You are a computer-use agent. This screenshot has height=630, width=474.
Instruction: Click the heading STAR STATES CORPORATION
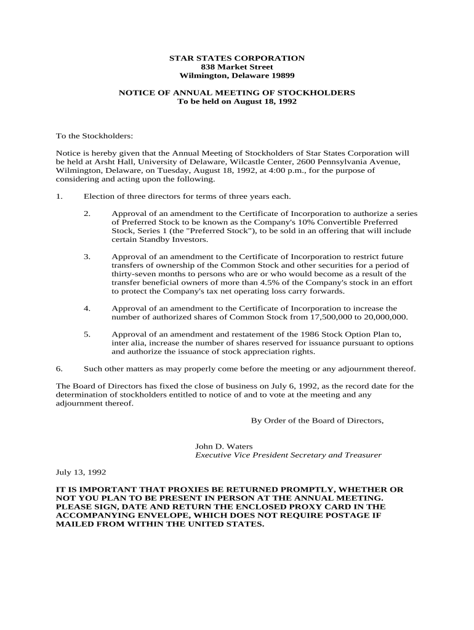tap(237, 58)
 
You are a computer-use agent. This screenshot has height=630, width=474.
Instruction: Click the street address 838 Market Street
tap(237, 66)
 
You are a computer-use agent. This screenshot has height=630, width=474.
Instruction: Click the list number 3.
tap(87, 257)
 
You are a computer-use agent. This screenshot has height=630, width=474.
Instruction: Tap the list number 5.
tap(87, 334)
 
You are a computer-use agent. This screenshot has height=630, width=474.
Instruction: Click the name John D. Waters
tap(224, 446)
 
